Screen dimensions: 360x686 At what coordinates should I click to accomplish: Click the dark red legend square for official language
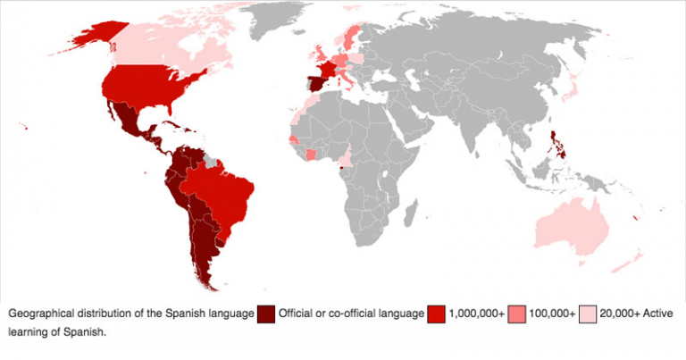[266, 314]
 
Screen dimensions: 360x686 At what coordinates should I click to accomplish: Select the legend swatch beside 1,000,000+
[437, 314]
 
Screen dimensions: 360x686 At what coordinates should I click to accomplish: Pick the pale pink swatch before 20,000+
[588, 314]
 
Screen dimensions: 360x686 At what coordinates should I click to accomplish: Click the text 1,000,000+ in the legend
[476, 314]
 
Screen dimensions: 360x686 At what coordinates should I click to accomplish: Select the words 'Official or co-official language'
[351, 314]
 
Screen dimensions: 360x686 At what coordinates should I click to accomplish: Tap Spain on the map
[314, 86]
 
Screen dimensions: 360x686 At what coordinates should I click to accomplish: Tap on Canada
[170, 45]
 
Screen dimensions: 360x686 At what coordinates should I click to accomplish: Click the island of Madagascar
[412, 213]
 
